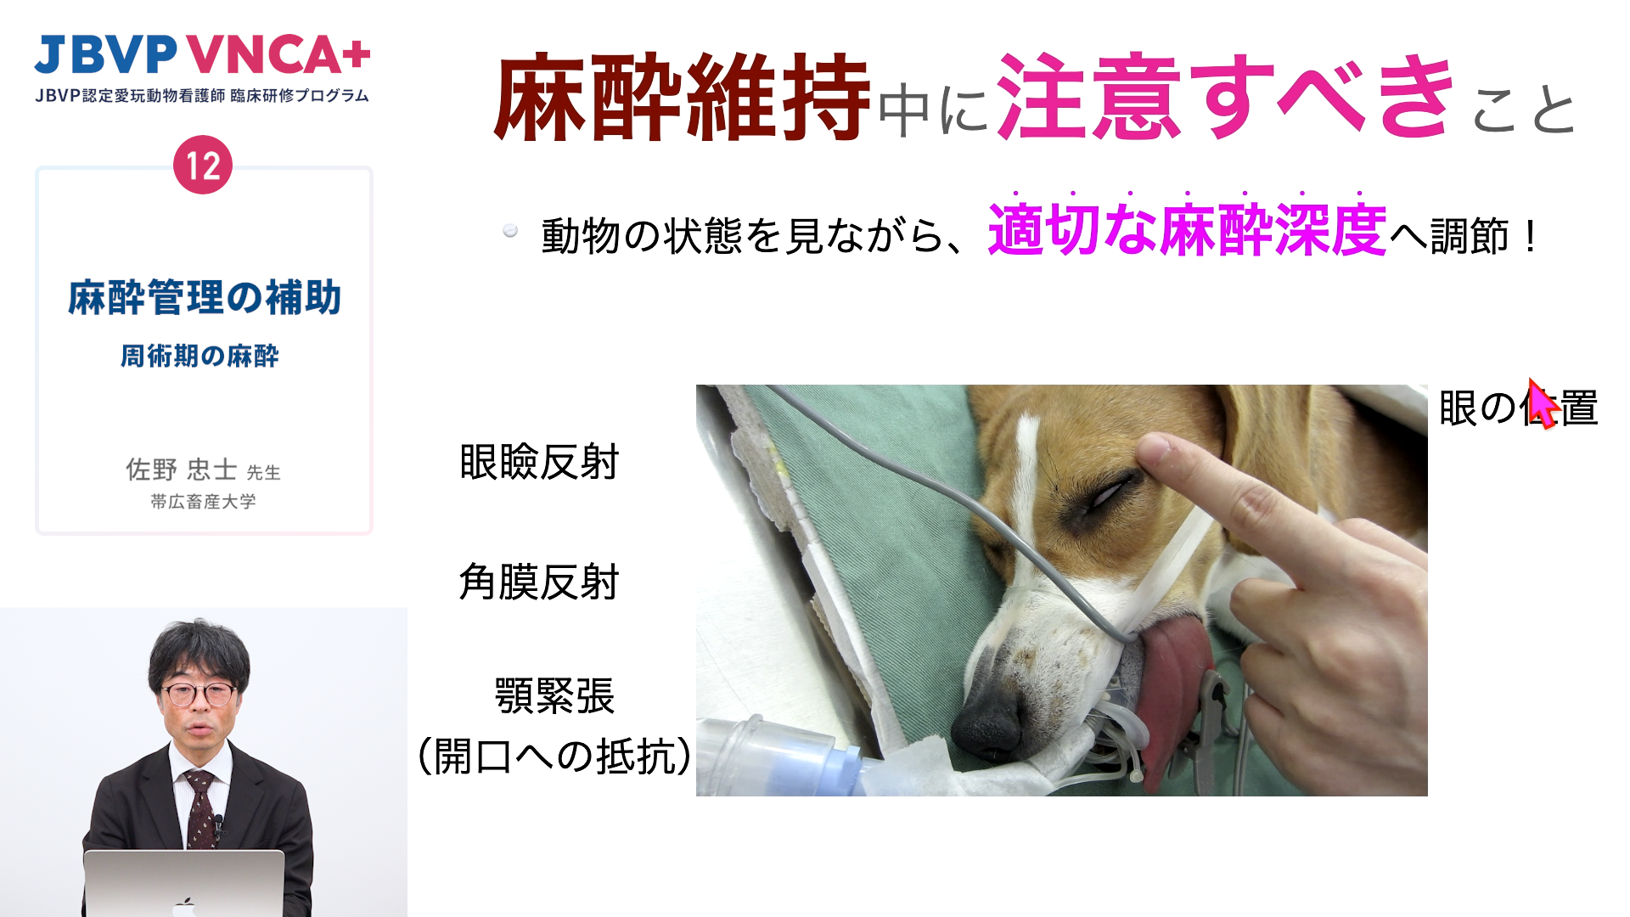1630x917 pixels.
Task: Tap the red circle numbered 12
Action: (203, 165)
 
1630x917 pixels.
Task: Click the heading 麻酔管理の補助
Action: (204, 297)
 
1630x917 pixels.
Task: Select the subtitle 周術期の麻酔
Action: (200, 356)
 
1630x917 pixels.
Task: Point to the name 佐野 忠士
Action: (181, 469)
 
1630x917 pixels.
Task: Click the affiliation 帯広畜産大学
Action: (203, 502)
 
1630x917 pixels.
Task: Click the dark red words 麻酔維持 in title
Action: (683, 96)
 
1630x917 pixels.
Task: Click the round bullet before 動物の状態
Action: (510, 230)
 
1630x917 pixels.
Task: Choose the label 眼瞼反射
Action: (539, 463)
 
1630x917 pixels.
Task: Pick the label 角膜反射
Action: (539, 582)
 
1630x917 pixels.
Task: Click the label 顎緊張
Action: (554, 696)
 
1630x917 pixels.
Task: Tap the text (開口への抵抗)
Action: (554, 756)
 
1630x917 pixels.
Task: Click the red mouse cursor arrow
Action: (1542, 404)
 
